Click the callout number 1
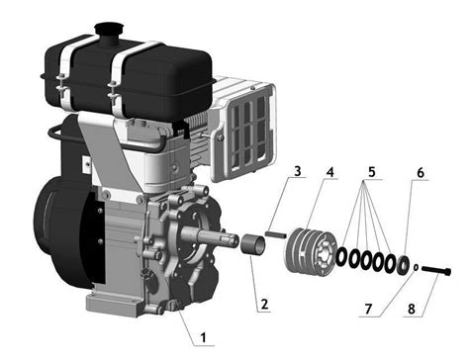(x=204, y=337)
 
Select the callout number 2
(x=264, y=305)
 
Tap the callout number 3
(x=298, y=171)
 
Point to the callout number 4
(x=329, y=171)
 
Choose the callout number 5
(x=372, y=172)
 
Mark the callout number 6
(x=421, y=173)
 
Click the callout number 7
(x=368, y=309)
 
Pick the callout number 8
(x=412, y=310)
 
